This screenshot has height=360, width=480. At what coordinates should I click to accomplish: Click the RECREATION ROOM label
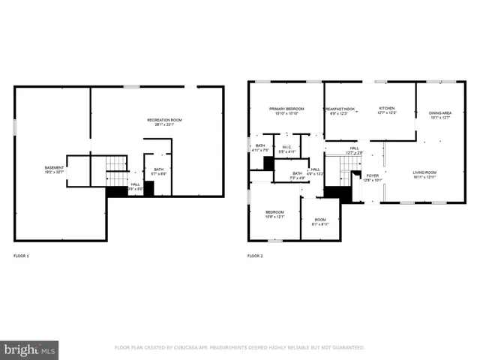pyautogui.click(x=164, y=121)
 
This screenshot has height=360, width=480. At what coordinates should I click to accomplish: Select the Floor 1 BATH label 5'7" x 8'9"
pyautogui.click(x=159, y=171)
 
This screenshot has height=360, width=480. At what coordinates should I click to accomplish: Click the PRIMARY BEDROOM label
pyautogui.click(x=285, y=110)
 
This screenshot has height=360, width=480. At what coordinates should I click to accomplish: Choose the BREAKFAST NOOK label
pyautogui.click(x=340, y=110)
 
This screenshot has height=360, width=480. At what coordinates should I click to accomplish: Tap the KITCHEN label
pyautogui.click(x=386, y=110)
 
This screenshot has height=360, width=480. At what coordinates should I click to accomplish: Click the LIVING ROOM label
pyautogui.click(x=424, y=175)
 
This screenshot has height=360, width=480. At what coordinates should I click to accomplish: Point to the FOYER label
pyautogui.click(x=373, y=178)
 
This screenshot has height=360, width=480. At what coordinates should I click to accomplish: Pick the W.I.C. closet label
pyautogui.click(x=286, y=149)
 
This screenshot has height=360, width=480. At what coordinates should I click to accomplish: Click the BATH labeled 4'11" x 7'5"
pyautogui.click(x=259, y=148)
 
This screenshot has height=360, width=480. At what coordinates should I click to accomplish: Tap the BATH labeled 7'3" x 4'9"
pyautogui.click(x=297, y=175)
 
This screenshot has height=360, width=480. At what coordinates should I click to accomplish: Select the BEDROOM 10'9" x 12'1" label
pyautogui.click(x=274, y=214)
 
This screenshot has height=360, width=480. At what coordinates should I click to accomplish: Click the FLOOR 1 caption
pyautogui.click(x=21, y=256)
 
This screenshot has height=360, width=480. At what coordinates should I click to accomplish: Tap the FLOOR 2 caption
pyautogui.click(x=255, y=256)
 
